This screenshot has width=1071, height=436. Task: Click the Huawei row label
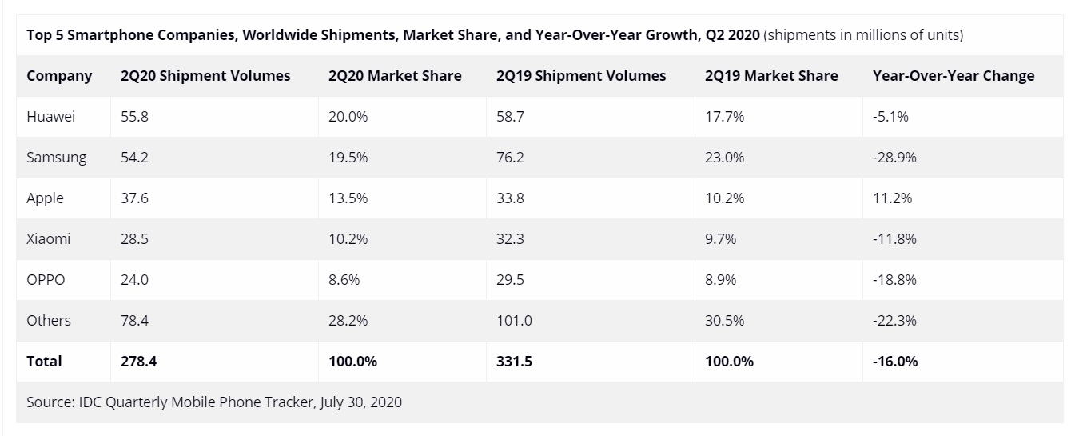[x=50, y=117]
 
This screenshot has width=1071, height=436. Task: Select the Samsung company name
[x=56, y=158]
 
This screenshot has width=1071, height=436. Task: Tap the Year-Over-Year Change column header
[x=954, y=76]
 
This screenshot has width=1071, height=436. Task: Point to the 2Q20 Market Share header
[x=395, y=76]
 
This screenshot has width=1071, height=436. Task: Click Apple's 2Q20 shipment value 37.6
[x=134, y=198]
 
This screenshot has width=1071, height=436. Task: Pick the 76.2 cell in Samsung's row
[x=510, y=158]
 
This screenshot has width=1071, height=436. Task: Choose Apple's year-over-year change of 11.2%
[x=893, y=198]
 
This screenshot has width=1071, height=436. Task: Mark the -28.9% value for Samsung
[x=894, y=158]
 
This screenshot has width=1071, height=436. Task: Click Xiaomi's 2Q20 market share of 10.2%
[x=348, y=239]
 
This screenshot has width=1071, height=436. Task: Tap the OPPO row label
[x=46, y=280]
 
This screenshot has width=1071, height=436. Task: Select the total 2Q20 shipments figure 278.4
[x=138, y=362]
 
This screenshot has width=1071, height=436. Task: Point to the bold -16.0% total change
[x=895, y=362]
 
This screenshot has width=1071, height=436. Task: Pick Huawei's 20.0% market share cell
[x=348, y=117]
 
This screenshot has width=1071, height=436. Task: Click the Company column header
[x=59, y=76]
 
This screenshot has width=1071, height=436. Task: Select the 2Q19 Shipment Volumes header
[x=580, y=76]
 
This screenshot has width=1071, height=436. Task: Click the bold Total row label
[x=44, y=362]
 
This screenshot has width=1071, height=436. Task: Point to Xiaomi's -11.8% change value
[x=894, y=239]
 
